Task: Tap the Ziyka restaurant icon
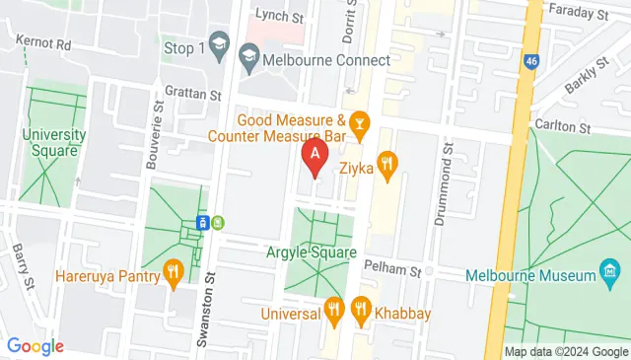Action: click(387, 168)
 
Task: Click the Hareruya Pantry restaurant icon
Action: click(174, 273)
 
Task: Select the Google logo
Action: click(35, 346)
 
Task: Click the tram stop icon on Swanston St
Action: click(202, 222)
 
